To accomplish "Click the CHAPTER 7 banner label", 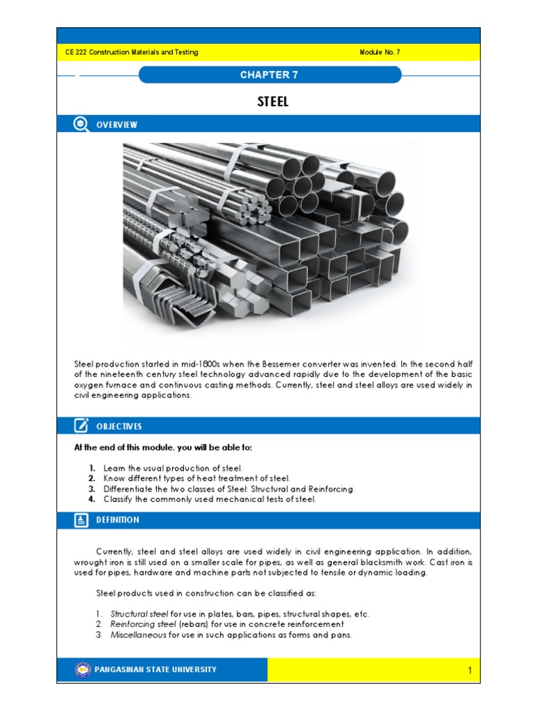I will click(269, 75).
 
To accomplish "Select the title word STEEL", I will click(273, 102).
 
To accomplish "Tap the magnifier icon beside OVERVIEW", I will click(81, 124).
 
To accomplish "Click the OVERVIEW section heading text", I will click(117, 125).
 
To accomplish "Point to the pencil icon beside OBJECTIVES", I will click(81, 426).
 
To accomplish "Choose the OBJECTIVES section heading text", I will click(119, 426).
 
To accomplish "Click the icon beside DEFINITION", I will click(81, 519).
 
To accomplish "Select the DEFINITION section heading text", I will click(118, 520).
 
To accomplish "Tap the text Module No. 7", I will click(380, 53).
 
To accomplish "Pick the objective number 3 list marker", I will click(92, 489).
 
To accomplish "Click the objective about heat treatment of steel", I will click(196, 479).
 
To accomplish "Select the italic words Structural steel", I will click(139, 614).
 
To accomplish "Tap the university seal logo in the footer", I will click(83, 670).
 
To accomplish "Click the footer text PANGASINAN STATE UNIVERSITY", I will click(155, 670).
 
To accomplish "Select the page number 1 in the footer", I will click(470, 671).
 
